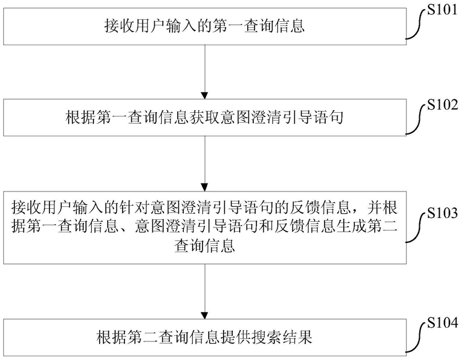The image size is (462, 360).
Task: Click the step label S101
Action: pos(442,10)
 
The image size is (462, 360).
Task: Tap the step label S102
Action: pos(443,105)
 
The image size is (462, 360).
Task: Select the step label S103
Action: pos(443,213)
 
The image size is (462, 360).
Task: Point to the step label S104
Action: pos(443,323)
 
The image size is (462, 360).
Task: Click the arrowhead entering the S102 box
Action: pos(204,95)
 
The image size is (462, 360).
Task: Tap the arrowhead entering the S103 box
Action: pos(204,188)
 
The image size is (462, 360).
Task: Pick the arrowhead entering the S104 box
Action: pos(204,315)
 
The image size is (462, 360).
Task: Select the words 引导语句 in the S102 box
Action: pos(313,118)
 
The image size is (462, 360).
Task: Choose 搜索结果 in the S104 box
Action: pos(281,337)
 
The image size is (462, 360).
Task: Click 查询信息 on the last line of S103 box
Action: pos(204,245)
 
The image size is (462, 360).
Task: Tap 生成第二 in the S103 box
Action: pos(367,227)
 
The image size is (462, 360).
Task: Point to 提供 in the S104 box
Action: pos(235,337)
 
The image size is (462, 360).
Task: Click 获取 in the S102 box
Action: pos(204,118)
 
